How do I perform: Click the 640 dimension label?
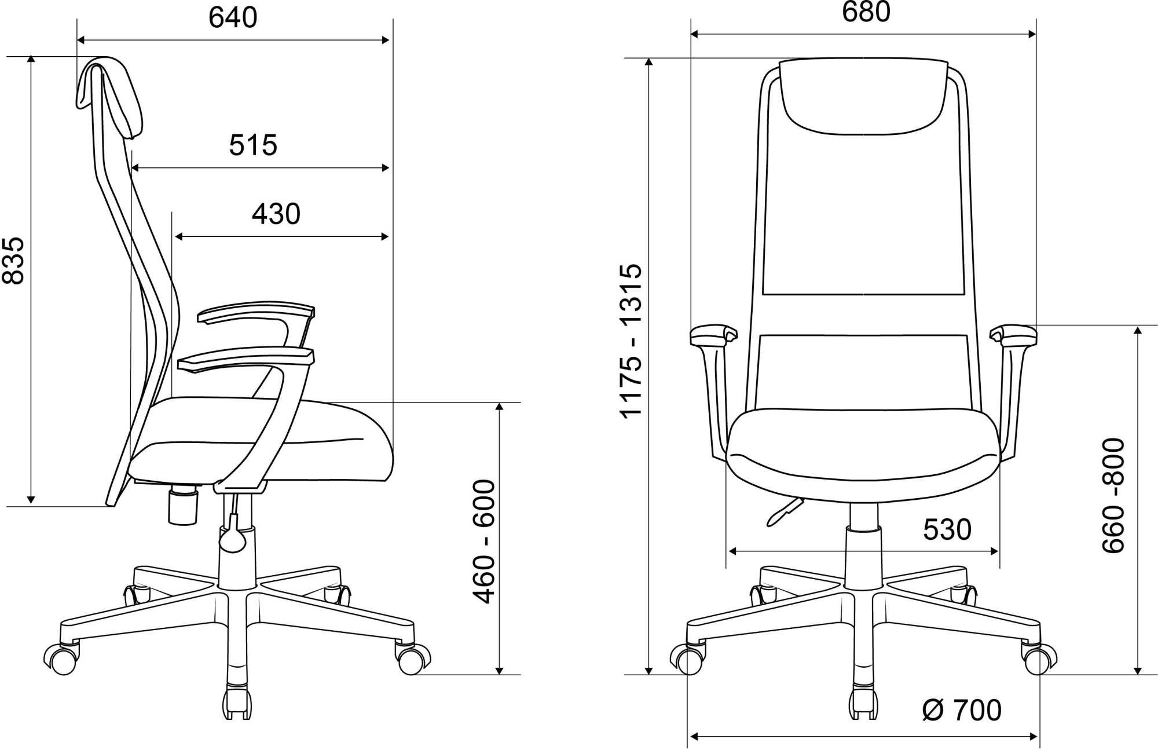[x=233, y=18]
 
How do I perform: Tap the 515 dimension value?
[x=253, y=145]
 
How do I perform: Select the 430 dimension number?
[x=276, y=214]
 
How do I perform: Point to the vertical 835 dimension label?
[x=14, y=260]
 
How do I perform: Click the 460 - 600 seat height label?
[x=484, y=542]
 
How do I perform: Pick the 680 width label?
[x=866, y=13]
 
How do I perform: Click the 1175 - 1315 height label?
[x=631, y=340]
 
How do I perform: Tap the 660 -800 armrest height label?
[x=1113, y=496]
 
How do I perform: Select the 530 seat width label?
[x=947, y=529]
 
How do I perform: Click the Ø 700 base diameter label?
[x=962, y=710]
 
